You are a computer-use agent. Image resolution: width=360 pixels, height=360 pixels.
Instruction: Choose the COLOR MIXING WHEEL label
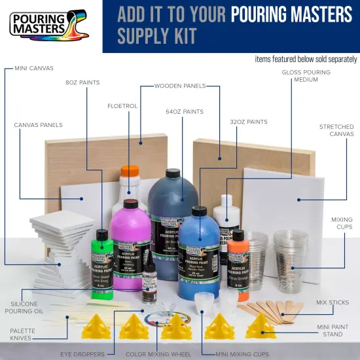click(x=156, y=353)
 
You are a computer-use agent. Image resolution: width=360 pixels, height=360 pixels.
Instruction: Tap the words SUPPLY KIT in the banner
click(x=157, y=35)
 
